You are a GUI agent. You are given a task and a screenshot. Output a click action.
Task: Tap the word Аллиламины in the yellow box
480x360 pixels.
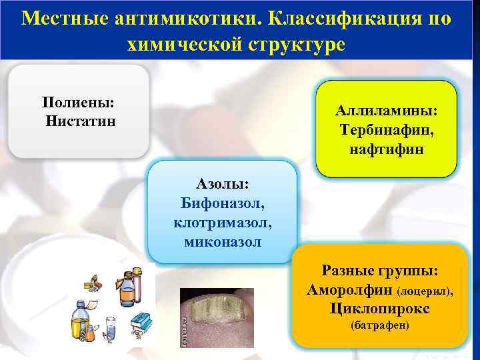387,111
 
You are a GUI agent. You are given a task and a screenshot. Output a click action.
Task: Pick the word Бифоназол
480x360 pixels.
223,202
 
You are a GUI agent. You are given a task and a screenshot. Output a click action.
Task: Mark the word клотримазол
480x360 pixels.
223,221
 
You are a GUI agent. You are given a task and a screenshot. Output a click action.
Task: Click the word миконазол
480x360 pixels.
223,240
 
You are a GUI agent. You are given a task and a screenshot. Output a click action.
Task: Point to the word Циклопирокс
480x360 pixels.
379,309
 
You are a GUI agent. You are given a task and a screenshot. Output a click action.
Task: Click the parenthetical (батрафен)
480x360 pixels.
379,326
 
